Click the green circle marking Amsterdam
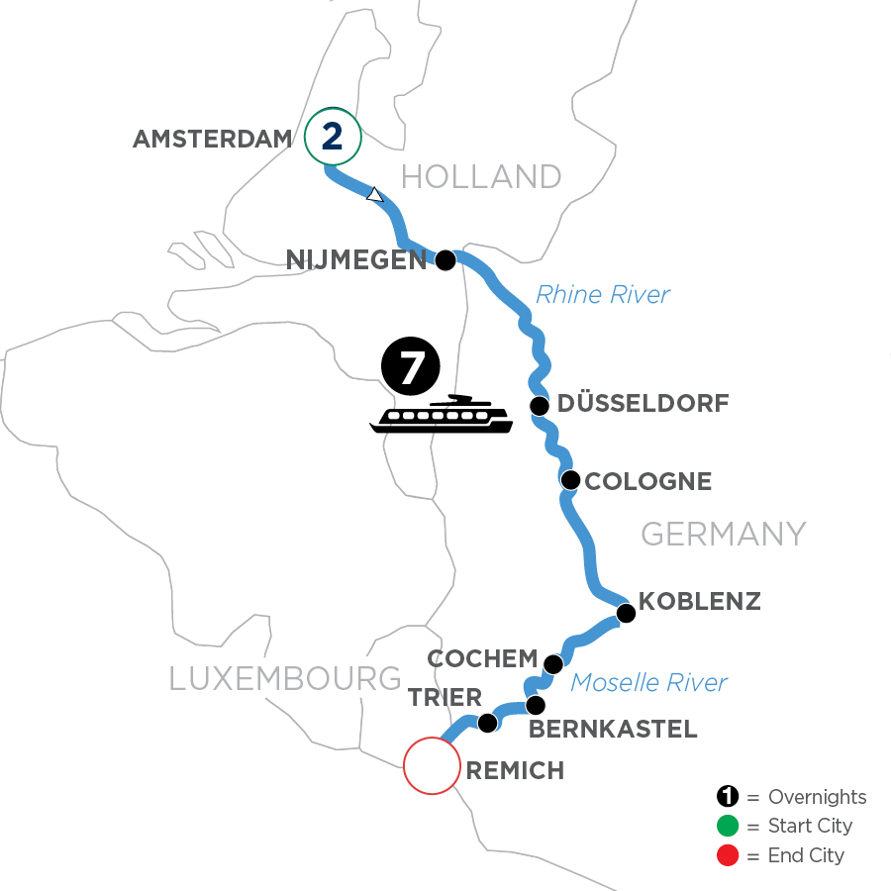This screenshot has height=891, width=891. pos(333,138)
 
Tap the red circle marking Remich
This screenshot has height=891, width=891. pos(433,765)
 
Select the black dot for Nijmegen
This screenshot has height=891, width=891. pos(445,260)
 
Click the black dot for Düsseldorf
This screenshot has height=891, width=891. pos(540,406)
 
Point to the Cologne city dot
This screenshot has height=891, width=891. pos(570,481)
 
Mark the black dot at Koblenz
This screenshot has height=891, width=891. pos(626,614)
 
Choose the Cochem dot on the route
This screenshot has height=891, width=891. pos(553,663)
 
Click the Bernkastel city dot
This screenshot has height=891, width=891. pos(535,706)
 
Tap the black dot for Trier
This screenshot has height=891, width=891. pos(487,724)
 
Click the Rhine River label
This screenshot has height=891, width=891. pos(602,294)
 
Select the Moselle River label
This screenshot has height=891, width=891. pos(649,682)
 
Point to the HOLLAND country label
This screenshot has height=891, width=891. pos(481,177)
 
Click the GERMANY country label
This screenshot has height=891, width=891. pos(723,535)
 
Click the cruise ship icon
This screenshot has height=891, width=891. pos(442,416)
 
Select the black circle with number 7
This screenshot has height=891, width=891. pos(410,367)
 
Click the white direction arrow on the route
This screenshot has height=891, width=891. pos(374,195)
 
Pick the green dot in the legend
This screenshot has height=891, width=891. pos(728,826)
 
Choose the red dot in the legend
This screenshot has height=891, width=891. pos(728,854)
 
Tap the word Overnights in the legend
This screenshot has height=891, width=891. pos(817,797)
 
